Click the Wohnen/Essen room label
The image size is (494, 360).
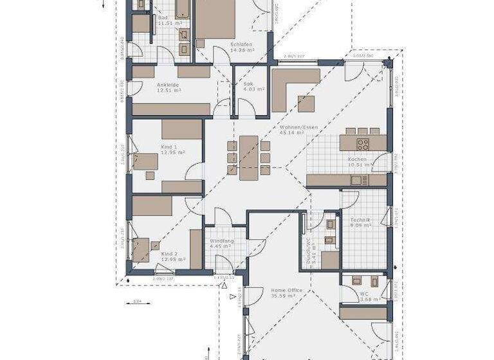pyautogui.click(x=298, y=127)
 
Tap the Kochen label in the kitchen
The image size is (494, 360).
pyautogui.click(x=357, y=159)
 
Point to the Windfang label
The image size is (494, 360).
pyautogui.click(x=221, y=240)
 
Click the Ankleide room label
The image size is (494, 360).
pyautogui.click(x=167, y=84)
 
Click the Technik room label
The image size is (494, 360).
pyautogui.click(x=360, y=220)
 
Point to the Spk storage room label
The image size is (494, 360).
pyautogui.click(x=248, y=84)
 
